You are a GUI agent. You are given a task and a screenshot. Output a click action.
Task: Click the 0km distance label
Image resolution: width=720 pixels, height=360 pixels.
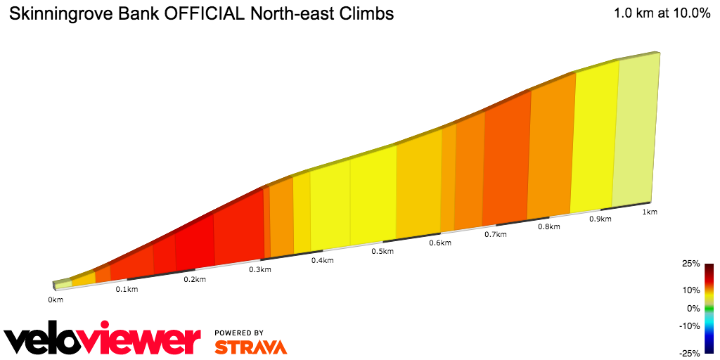[56, 300]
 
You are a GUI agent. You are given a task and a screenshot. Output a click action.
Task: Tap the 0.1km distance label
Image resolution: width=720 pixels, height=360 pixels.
[127, 290]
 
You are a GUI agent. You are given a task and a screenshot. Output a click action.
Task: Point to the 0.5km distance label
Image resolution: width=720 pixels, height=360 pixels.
[382, 252]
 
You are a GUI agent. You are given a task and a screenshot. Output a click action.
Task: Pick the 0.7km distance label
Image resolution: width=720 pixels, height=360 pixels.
[495, 235]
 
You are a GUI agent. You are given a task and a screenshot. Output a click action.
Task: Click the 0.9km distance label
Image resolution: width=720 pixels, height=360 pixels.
[600, 219]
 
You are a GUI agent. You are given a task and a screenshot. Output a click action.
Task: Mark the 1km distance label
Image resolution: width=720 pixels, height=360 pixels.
[649, 212]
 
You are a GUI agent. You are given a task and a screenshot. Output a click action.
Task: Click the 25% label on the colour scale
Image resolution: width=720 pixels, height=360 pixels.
[690, 264]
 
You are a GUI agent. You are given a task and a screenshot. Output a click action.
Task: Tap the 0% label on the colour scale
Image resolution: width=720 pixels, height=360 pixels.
[693, 308]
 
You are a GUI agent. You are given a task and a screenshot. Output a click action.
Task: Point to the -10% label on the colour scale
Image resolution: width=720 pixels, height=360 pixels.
[689, 326]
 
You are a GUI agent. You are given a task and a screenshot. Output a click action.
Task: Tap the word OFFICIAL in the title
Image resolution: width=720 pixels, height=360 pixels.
[204, 13]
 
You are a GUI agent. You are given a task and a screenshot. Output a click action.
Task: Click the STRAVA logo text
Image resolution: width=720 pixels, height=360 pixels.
[250, 347]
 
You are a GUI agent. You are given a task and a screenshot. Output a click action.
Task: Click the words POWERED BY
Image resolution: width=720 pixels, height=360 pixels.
[239, 333]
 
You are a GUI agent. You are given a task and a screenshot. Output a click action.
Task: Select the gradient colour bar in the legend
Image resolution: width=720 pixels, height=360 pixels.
[709, 308]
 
